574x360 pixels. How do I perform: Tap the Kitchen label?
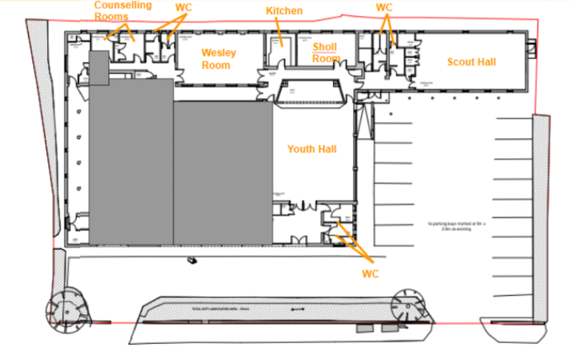[x=284, y=11]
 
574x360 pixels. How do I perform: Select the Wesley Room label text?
[x=218, y=59]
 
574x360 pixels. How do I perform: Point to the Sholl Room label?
[x=325, y=53]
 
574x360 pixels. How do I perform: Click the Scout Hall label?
[x=471, y=62]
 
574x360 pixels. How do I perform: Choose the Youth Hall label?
[x=311, y=149]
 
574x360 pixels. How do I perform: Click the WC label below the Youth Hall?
[x=370, y=273]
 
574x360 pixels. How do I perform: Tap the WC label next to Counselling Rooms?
[x=184, y=8]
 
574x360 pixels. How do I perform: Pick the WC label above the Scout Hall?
[x=384, y=8]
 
